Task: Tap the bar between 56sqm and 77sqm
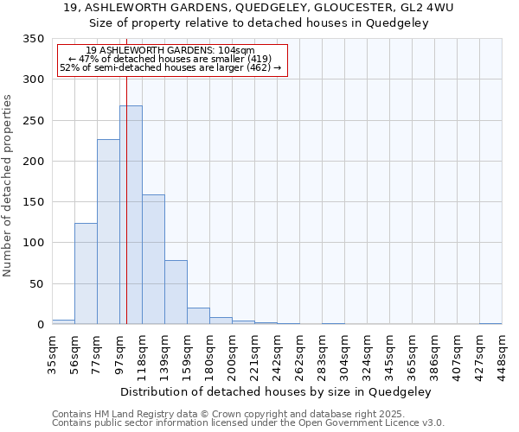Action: point(86,273)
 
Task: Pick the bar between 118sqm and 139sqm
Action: point(153,259)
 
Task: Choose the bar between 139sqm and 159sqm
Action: point(176,292)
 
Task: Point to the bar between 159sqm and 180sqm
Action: point(198,316)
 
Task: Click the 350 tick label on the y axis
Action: point(33,39)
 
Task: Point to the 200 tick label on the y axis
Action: point(33,162)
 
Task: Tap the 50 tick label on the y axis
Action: point(36,284)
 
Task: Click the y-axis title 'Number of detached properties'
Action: point(9,186)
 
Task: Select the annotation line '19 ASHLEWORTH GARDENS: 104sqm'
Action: point(170,51)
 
